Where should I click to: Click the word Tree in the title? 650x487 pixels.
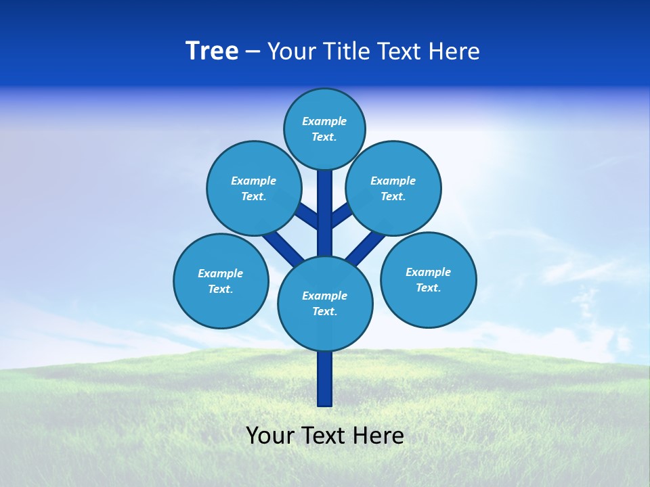coord(212,51)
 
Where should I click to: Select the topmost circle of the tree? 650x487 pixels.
coord(324,129)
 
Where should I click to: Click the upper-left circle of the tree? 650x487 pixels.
coord(254,188)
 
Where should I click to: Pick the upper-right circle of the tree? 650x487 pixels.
coord(393,188)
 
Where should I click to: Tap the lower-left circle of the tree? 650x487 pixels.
coord(221,281)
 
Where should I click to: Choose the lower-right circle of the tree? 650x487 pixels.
coord(429,279)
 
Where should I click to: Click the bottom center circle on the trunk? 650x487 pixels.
coord(325,303)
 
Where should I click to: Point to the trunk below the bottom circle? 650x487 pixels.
coord(325,379)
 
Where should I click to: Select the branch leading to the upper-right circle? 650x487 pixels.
coord(341,216)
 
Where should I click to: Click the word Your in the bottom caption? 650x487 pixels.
coord(269,435)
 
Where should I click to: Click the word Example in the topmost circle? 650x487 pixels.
coord(324,121)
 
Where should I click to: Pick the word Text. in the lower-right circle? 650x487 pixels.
coord(428,287)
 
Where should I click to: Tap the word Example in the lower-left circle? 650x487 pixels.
coord(220,273)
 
